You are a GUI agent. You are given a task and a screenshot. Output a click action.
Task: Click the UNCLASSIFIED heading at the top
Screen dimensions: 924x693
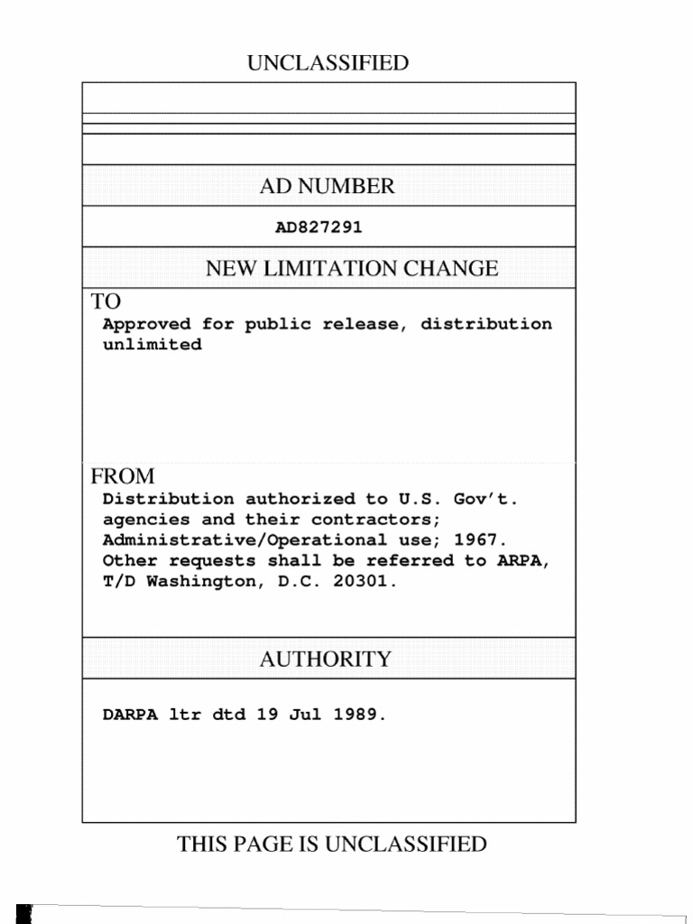point(328,63)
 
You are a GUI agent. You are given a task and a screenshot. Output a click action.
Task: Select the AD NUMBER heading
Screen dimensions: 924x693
point(328,187)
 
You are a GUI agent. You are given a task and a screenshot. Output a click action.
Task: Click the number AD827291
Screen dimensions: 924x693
point(319,227)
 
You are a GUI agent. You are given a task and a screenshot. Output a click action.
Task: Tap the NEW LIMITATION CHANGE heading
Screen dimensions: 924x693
point(352,268)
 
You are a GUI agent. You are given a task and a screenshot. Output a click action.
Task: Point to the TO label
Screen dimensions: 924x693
point(105,301)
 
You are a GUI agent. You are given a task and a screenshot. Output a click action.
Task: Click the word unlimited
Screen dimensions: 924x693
point(152,345)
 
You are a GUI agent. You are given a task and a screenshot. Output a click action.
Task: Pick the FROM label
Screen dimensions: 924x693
point(122,476)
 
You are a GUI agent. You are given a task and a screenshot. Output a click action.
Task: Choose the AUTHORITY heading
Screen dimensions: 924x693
point(326,660)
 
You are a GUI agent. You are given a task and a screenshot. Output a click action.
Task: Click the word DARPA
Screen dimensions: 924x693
point(130,715)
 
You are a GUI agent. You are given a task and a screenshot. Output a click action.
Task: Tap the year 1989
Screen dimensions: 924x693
point(358,715)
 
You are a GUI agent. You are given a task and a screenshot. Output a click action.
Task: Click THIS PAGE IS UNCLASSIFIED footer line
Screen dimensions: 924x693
point(331,845)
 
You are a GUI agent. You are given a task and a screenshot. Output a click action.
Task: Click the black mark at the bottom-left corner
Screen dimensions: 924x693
point(24,913)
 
